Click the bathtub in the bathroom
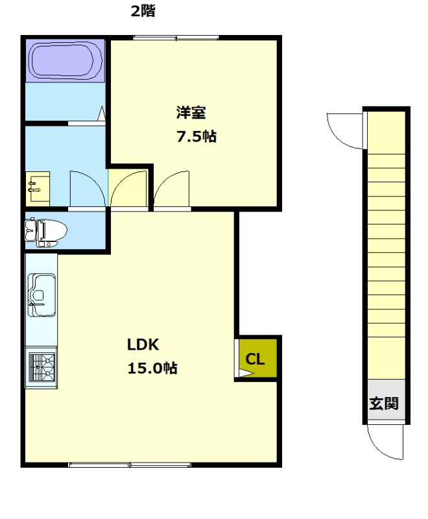[65, 61]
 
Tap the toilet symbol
[45, 232]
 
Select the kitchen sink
[42, 295]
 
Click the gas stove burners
[42, 367]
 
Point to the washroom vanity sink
[38, 189]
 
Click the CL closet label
[255, 359]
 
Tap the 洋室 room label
[191, 112]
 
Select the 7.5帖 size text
[196, 136]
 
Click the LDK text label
[143, 344]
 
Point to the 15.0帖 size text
[152, 368]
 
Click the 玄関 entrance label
[384, 403]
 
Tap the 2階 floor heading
[143, 11]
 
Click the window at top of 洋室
[176, 38]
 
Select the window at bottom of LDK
[130, 465]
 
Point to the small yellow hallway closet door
[128, 189]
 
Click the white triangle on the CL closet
[244, 374]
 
